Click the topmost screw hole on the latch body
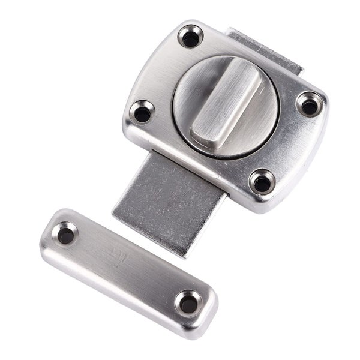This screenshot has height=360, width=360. point(191,38)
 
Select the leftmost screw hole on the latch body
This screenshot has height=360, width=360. point(143,112)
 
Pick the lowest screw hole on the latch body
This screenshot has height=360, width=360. point(261,182)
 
